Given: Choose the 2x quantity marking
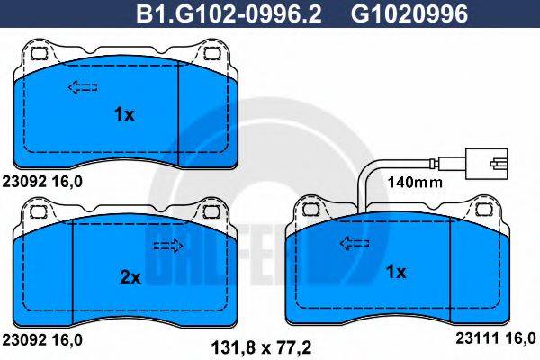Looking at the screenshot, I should [130, 278].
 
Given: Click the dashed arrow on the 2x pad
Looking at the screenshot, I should [167, 246].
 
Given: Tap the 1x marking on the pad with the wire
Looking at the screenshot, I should [395, 272].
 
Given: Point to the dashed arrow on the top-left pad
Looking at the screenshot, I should [84, 87].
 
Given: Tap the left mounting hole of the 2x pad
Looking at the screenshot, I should [38, 213].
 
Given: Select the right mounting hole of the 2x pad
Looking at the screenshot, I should [213, 213].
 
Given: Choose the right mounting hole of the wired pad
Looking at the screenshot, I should [486, 210].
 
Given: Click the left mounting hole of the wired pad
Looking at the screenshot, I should [310, 210].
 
